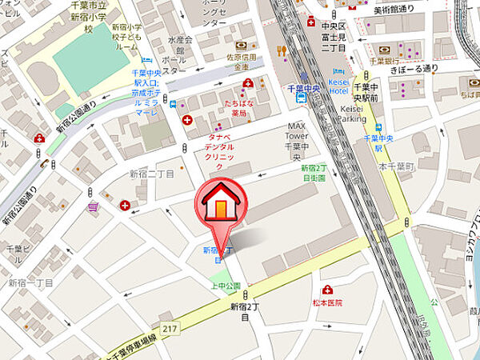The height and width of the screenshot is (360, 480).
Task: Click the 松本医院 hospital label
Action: pos(328,303)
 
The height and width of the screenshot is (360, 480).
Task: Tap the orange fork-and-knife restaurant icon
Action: pos(282,51)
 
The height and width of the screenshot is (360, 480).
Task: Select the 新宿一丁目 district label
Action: pos(30,282)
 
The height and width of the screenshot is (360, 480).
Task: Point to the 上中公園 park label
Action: pos(225,286)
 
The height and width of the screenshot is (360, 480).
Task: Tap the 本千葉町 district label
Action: pos(394,167)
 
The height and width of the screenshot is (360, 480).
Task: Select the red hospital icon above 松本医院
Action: pos(327,290)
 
